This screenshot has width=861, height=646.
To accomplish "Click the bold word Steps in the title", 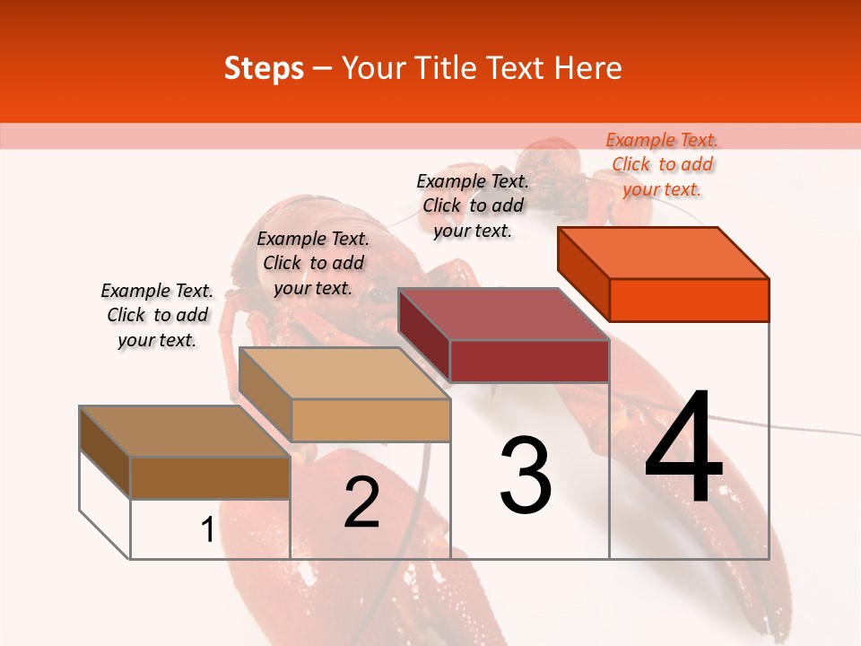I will pyautogui.click(x=264, y=68).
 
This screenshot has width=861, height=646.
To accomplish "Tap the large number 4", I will pyautogui.click(x=683, y=448).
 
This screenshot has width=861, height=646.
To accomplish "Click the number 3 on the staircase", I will pyautogui.click(x=526, y=476).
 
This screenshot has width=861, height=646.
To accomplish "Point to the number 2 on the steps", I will pyautogui.click(x=361, y=502).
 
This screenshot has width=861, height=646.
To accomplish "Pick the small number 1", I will pyautogui.click(x=207, y=530).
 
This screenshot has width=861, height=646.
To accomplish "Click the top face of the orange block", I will pyautogui.click(x=664, y=252).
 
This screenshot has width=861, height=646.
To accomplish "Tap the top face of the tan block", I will pyautogui.click(x=344, y=373).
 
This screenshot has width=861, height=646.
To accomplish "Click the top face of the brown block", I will pyautogui.click(x=185, y=432).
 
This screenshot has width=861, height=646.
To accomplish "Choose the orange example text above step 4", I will pyautogui.click(x=662, y=164).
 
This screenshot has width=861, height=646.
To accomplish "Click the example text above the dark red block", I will pyautogui.click(x=473, y=205).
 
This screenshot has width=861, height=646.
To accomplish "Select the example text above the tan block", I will pyautogui.click(x=313, y=263).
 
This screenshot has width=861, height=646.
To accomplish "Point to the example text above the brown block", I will pyautogui.click(x=157, y=315).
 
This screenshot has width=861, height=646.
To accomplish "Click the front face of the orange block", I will pyautogui.click(x=689, y=300).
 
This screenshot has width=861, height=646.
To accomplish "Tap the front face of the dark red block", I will pyautogui.click(x=529, y=361).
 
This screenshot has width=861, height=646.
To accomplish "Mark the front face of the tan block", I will pyautogui.click(x=370, y=420).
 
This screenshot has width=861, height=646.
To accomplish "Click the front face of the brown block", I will pyautogui.click(x=210, y=478).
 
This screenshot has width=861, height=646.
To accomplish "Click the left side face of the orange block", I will pyautogui.click(x=583, y=273).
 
